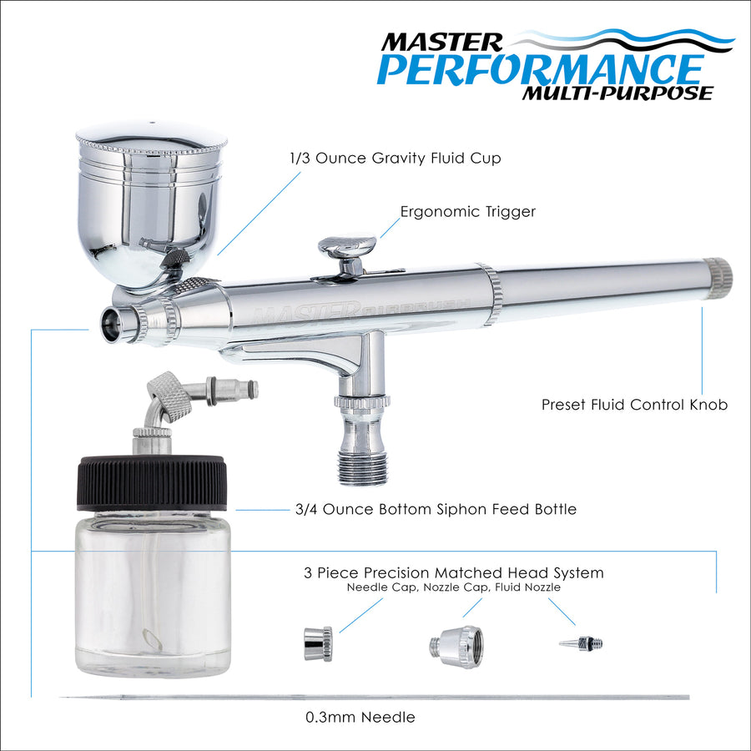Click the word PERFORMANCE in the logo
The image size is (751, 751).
[540, 70]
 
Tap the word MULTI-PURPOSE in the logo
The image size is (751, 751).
[617, 93]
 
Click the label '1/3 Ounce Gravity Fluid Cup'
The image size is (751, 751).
[396, 158]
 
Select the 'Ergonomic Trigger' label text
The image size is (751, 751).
[467, 212]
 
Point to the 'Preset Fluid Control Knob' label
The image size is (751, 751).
[634, 405]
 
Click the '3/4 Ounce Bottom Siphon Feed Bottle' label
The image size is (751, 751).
[436, 509]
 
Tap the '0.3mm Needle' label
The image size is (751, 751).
[360, 717]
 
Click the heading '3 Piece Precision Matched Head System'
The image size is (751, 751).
[454, 572]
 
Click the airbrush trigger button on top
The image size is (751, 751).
[348, 245]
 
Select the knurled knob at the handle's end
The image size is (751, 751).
[718, 278]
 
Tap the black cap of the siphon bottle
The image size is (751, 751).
[152, 483]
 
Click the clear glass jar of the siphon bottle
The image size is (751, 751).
[153, 594]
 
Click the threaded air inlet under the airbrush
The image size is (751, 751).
[363, 468]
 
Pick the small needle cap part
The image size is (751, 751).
[318, 644]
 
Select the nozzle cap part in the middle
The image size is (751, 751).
[456, 647]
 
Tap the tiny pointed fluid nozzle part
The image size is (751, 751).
[581, 643]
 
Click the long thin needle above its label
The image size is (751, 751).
[375, 698]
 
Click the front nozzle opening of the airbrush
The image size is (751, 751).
[111, 325]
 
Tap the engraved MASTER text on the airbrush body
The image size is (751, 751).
[305, 313]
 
